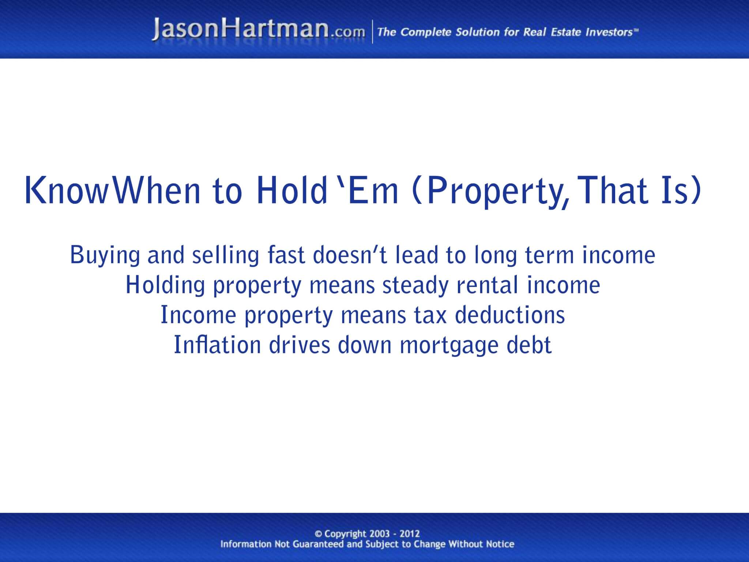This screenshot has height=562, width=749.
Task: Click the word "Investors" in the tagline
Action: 609,32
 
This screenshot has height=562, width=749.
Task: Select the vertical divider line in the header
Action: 372,32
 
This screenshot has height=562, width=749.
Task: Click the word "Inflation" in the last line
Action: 217,345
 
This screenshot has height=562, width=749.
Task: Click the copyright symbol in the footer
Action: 319,534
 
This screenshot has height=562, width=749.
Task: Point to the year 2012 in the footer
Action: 410,534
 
